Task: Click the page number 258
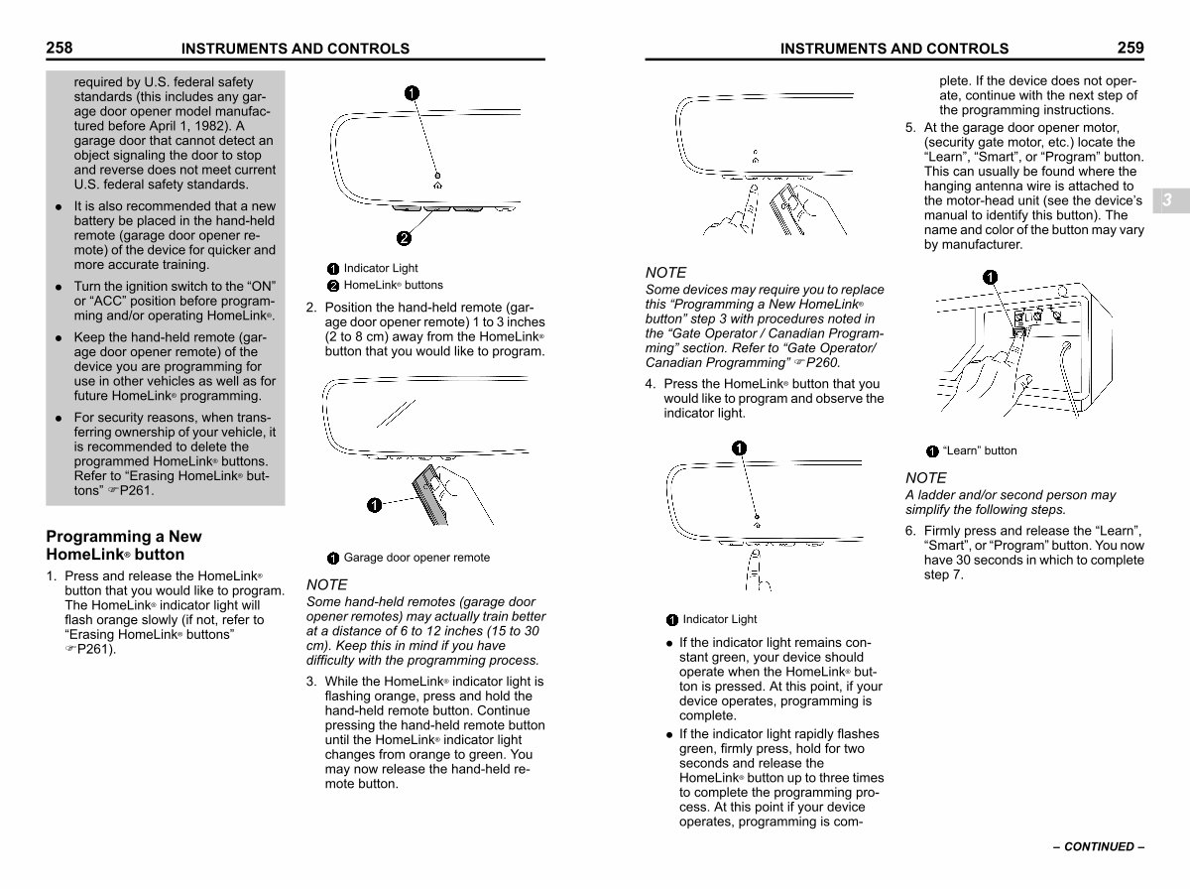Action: coord(59,47)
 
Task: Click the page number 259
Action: coord(1130,47)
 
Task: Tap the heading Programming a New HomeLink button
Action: coord(123,546)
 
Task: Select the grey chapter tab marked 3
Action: coord(1167,200)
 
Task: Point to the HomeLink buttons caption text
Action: coord(394,285)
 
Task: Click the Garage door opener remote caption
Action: coord(416,558)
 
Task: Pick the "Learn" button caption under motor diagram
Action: coord(980,450)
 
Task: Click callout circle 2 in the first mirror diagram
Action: coord(405,238)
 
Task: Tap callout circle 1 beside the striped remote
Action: coord(373,506)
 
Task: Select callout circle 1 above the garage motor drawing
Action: coord(990,276)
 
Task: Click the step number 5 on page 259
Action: coord(910,128)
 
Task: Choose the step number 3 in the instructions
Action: coord(311,682)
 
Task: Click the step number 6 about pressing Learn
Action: coord(910,531)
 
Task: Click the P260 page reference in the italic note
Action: coord(826,363)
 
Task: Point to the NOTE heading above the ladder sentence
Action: coord(925,478)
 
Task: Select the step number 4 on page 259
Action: coord(650,384)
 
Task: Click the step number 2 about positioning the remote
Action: coord(311,308)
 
